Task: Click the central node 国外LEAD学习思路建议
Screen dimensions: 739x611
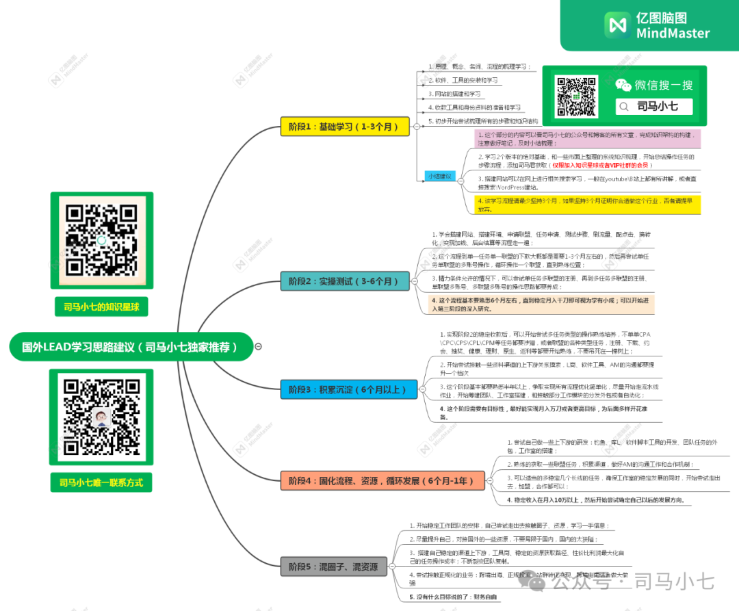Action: coord(130,347)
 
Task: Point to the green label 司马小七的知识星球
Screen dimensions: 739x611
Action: coord(101,307)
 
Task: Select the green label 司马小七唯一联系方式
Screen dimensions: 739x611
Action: coord(101,482)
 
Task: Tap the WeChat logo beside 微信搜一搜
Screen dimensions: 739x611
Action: coord(623,85)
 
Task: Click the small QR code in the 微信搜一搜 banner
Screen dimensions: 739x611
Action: coord(575,96)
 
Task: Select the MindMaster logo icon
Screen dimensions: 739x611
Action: coord(617,25)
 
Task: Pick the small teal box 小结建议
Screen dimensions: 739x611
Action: coord(439,176)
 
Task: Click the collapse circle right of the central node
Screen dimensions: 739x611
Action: coord(258,347)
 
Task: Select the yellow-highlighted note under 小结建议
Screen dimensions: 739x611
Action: coord(588,205)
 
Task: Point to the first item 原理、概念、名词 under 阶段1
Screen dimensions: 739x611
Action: coord(479,66)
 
